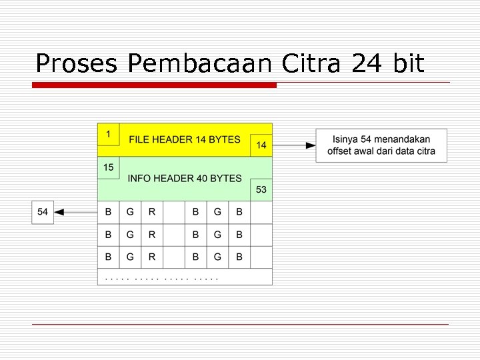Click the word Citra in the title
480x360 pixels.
click(x=310, y=63)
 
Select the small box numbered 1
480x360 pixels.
click(x=108, y=134)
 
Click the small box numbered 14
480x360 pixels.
click(x=261, y=145)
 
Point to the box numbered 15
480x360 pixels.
click(x=108, y=167)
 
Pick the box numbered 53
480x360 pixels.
click(x=261, y=190)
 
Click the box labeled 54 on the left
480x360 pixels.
click(x=43, y=212)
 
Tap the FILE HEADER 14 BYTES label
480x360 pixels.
click(x=185, y=140)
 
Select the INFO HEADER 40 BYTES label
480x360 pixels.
click(x=185, y=179)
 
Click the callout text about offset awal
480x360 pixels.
click(x=381, y=145)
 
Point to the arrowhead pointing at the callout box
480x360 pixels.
click(x=311, y=145)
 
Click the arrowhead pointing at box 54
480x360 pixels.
click(x=59, y=212)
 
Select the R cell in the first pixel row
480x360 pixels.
click(x=152, y=213)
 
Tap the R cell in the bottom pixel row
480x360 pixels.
click(x=152, y=257)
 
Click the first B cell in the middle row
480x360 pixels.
click(x=108, y=235)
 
